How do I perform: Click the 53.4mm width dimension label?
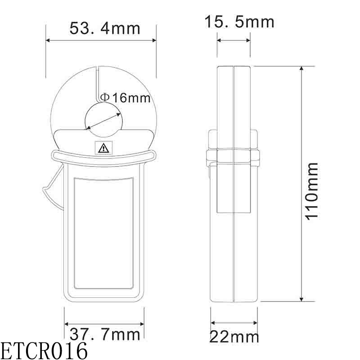pos(105,28)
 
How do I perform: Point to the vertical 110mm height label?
pos(312,190)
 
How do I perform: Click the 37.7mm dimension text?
pos(105,334)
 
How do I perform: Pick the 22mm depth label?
pos(235,337)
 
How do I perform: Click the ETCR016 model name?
pos(44,351)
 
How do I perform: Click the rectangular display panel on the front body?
pos(104,233)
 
